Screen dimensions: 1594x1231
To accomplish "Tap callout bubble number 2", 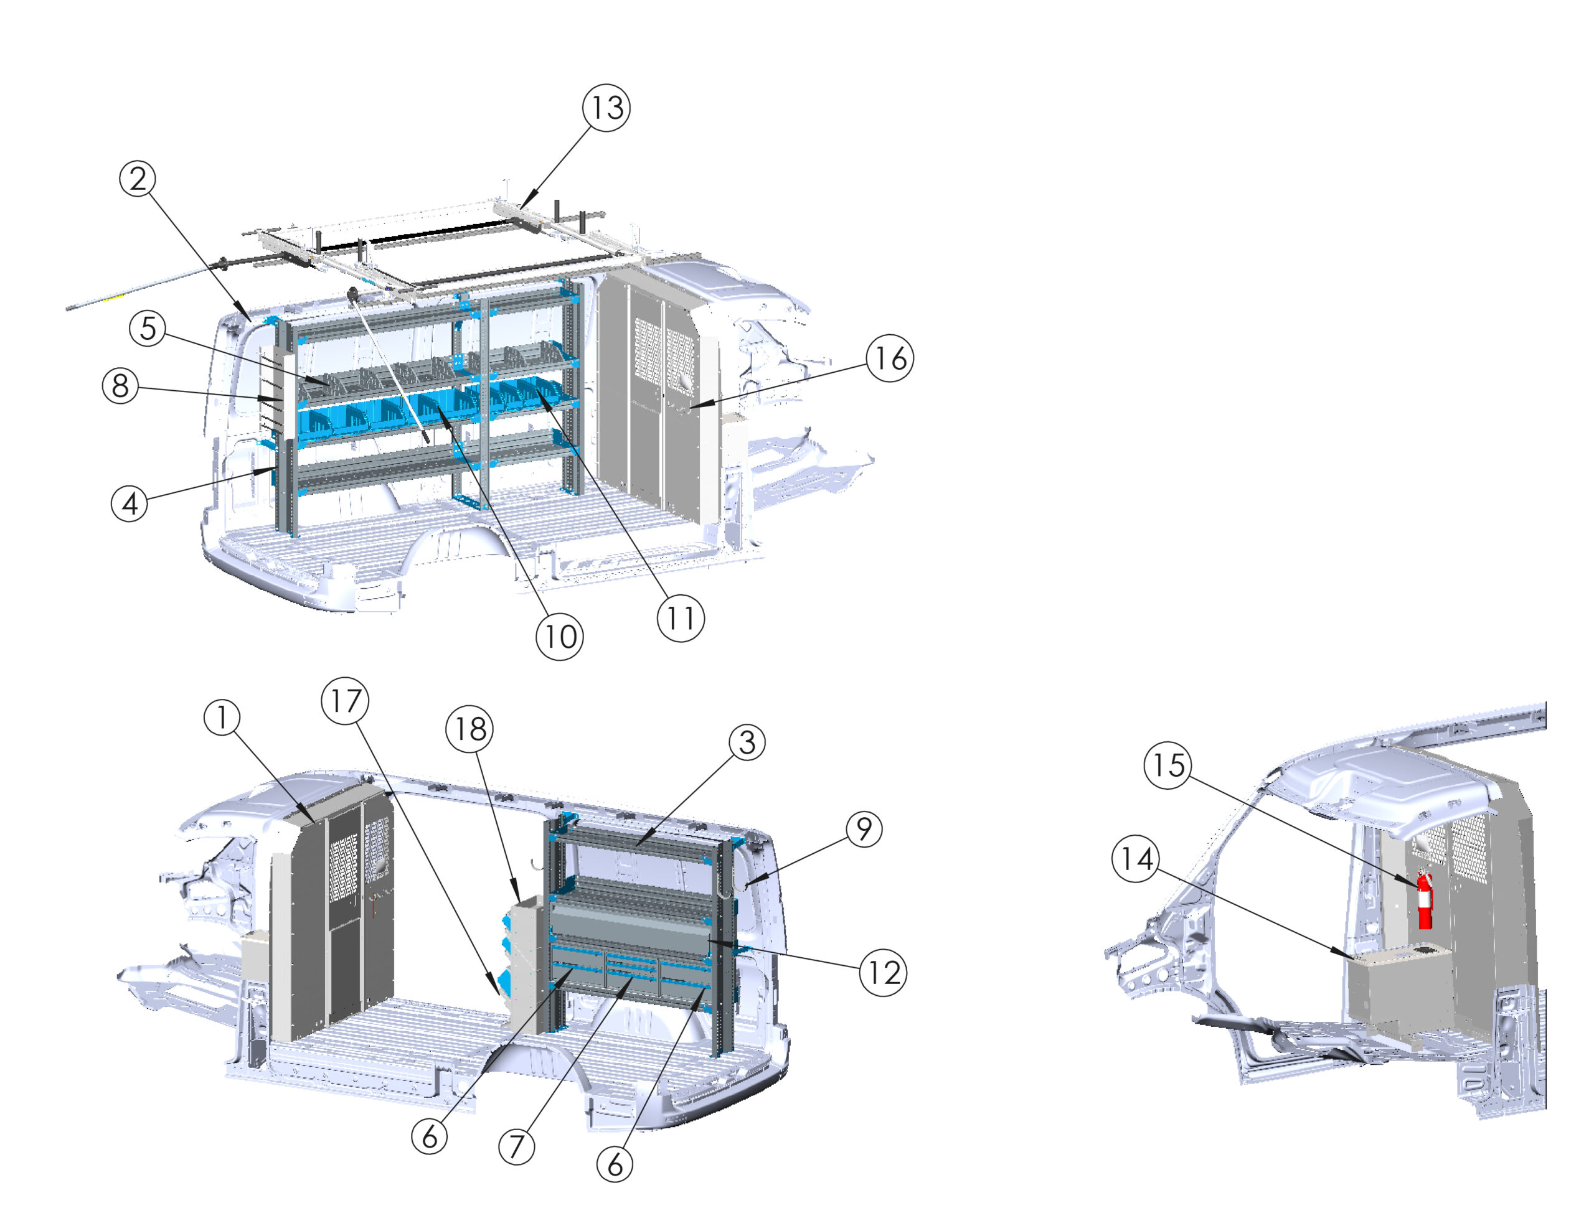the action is [138, 179].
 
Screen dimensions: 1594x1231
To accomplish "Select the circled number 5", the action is [148, 329].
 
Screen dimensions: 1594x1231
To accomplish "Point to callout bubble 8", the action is [120, 386].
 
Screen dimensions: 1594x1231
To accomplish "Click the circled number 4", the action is [129, 503].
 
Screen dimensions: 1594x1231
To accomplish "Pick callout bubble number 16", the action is [890, 358].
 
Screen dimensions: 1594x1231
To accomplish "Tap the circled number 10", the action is [560, 637].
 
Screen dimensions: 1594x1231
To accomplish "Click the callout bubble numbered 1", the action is [222, 718].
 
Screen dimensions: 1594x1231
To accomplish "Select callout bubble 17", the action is [345, 701].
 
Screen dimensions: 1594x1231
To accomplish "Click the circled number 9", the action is [864, 829].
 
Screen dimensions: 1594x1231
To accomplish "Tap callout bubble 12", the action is [883, 973].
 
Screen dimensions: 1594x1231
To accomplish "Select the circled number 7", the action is [517, 1146].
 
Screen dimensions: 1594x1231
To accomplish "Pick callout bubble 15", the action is [1167, 765].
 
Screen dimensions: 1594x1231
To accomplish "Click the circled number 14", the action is [1136, 859].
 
